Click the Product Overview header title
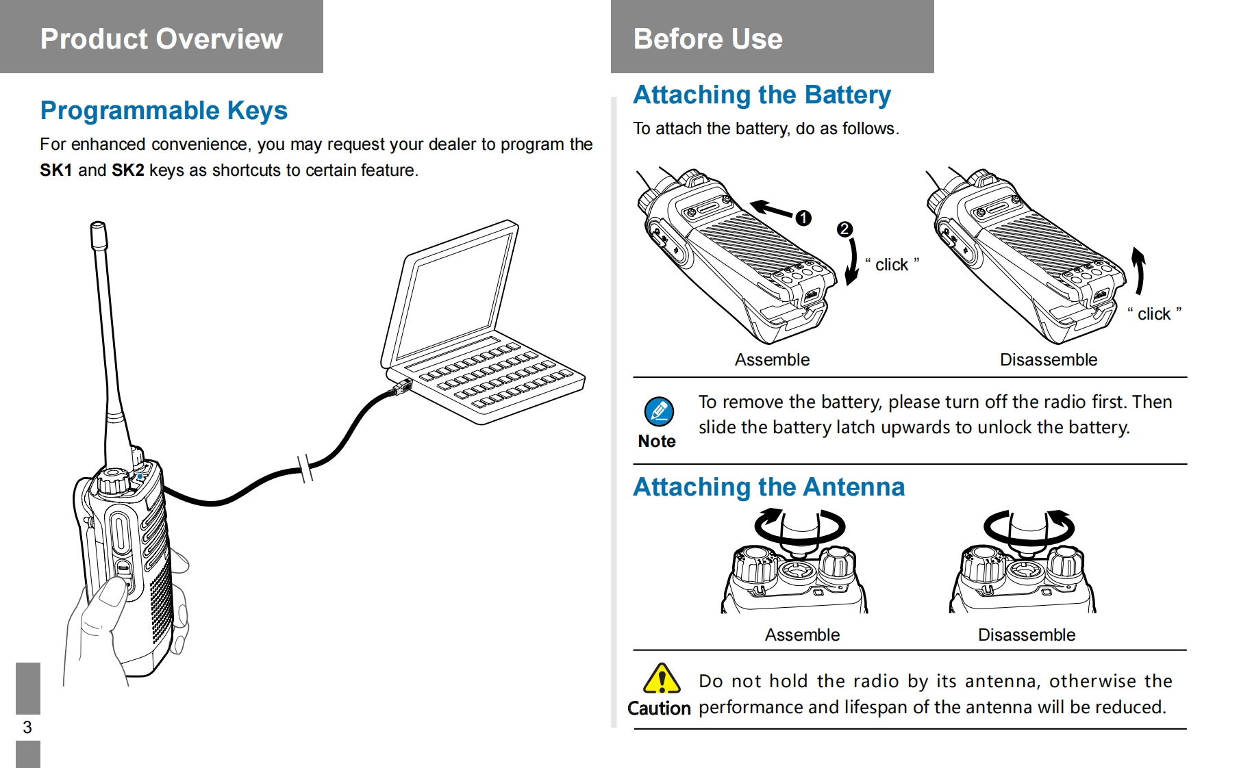[x=162, y=39]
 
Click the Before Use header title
[x=708, y=39]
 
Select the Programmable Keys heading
[x=164, y=111]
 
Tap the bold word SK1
[x=56, y=170]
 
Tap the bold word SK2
[x=128, y=170]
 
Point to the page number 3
[x=27, y=727]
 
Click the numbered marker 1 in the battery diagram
[x=803, y=218]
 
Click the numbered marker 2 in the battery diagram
[x=845, y=229]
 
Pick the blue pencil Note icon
[x=659, y=411]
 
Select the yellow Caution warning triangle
[x=662, y=678]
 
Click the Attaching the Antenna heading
[x=769, y=487]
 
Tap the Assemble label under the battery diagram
[x=772, y=360]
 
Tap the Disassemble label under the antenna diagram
[x=1027, y=635]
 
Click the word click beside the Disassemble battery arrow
[x=1154, y=314]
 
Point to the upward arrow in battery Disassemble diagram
[x=1138, y=270]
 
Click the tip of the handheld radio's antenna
[x=98, y=225]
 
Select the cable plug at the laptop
[x=400, y=388]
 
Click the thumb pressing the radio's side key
[x=110, y=594]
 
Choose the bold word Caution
[x=659, y=708]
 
